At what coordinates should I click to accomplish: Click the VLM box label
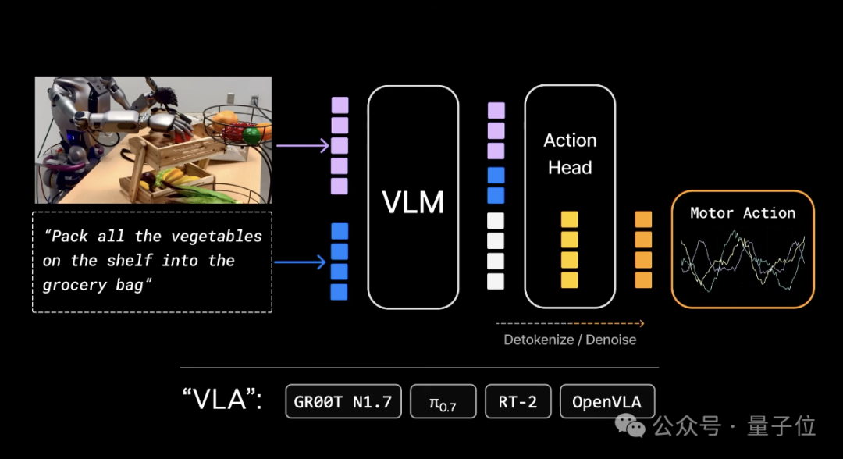point(413,202)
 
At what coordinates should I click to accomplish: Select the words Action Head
point(570,154)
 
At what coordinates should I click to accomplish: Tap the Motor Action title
point(742,213)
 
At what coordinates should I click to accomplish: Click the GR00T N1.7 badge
point(343,401)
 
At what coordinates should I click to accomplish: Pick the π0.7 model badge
point(443,401)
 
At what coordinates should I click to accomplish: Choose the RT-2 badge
point(518,401)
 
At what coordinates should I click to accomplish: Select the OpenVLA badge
point(607,401)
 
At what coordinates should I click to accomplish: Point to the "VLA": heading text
point(222,400)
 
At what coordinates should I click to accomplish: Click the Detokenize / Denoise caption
point(570,340)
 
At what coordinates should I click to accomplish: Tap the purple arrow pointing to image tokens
point(302,145)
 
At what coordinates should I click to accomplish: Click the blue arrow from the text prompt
point(300,262)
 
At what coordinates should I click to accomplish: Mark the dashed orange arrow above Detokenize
point(570,323)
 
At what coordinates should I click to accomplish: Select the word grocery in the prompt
point(74,285)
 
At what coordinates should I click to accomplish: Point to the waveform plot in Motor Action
point(742,261)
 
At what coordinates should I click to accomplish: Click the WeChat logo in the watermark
point(630,425)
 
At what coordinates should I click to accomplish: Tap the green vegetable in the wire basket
point(251,135)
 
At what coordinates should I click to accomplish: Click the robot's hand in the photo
point(171,123)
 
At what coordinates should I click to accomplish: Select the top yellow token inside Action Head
point(569,219)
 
